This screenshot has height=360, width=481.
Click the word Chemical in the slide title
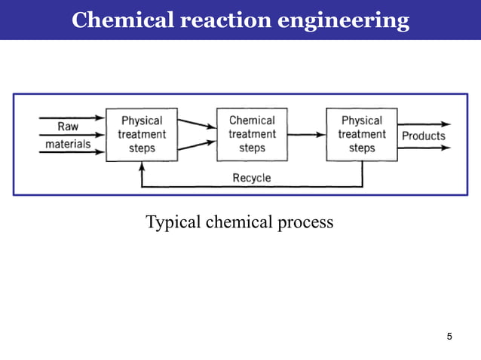click(x=121, y=20)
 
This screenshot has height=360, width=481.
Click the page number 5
click(x=449, y=336)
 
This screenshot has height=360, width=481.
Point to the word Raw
click(x=68, y=127)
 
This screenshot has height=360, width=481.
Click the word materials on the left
click(x=69, y=142)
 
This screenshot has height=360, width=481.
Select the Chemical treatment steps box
click(x=252, y=134)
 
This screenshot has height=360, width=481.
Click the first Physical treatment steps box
click(x=142, y=134)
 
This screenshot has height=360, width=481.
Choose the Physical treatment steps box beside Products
click(x=362, y=134)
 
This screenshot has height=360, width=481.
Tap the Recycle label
click(x=252, y=178)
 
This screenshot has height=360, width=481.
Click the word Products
click(x=423, y=136)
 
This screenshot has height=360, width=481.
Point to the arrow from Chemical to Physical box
click(x=306, y=135)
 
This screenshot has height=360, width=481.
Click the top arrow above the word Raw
click(x=72, y=117)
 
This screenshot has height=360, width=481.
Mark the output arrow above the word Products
click(x=424, y=124)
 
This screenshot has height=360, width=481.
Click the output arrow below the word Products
click(x=424, y=148)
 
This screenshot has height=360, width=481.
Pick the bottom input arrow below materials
click(x=72, y=151)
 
